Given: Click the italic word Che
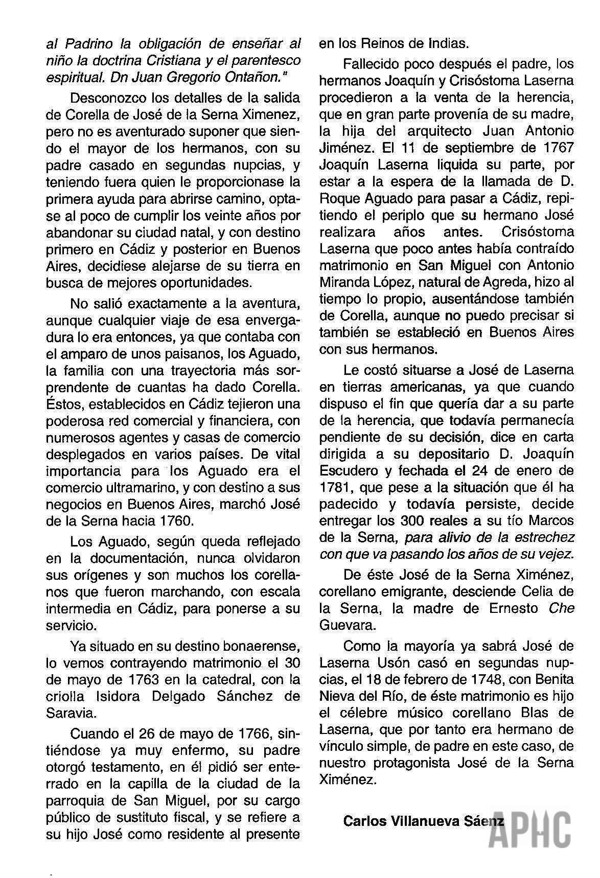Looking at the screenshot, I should [x=562, y=608].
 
